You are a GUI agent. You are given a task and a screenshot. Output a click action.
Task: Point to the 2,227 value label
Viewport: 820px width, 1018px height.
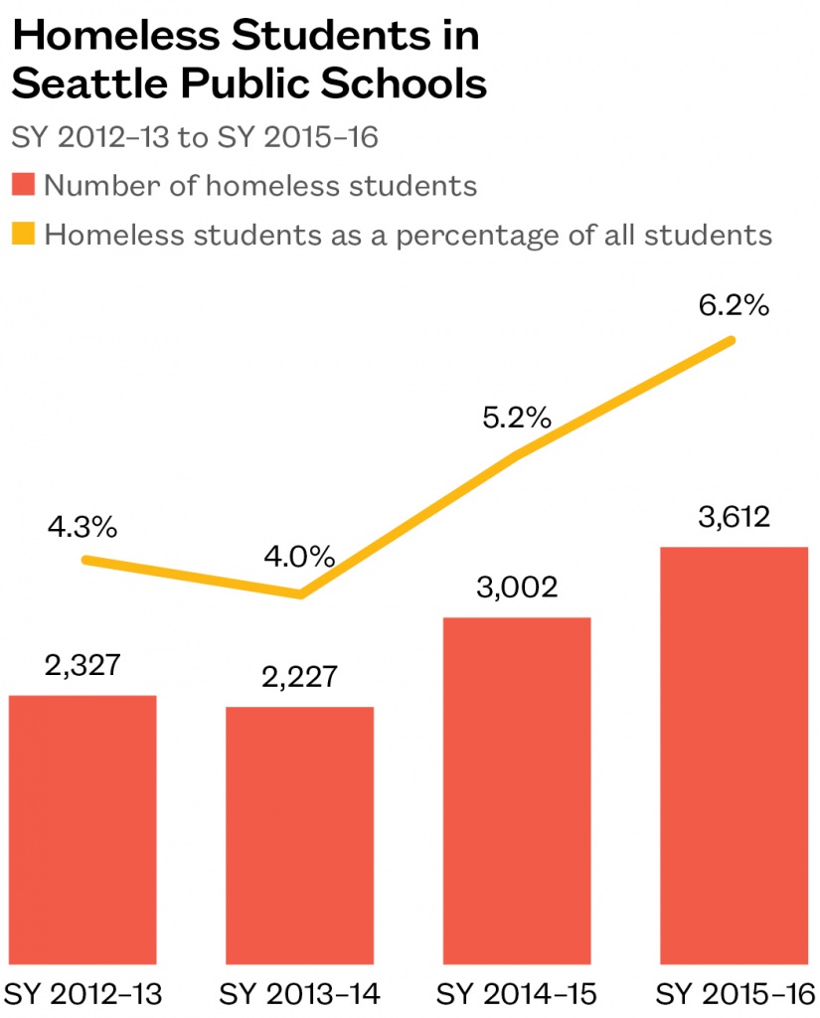(x=300, y=678)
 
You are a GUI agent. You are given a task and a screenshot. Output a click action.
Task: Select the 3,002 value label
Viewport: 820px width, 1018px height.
(x=517, y=588)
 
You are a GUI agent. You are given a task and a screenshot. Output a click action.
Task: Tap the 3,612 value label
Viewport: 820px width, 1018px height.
(x=734, y=517)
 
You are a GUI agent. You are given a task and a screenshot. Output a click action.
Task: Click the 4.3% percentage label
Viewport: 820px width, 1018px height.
(x=82, y=527)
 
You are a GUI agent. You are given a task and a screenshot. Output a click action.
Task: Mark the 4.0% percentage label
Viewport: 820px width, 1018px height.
(x=300, y=556)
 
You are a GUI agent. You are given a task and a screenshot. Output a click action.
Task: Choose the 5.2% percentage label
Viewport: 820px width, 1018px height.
(x=516, y=417)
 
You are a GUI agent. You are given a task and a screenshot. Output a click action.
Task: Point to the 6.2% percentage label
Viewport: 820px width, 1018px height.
(x=734, y=306)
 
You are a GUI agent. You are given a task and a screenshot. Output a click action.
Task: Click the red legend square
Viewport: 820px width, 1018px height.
(x=23, y=185)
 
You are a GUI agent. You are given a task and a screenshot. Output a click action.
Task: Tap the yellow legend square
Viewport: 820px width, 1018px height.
(x=23, y=235)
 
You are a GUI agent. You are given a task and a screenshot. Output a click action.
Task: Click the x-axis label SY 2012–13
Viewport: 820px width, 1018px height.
(x=83, y=993)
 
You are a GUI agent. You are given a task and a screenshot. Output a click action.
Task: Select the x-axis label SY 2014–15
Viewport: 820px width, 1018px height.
(x=517, y=993)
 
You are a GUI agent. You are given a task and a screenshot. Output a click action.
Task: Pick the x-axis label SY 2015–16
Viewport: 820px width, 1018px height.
(x=736, y=993)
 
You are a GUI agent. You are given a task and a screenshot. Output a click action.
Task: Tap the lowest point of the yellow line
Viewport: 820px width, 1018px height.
(x=300, y=594)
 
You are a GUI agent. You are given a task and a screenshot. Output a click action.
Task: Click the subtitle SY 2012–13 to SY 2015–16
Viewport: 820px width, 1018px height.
(x=195, y=137)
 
